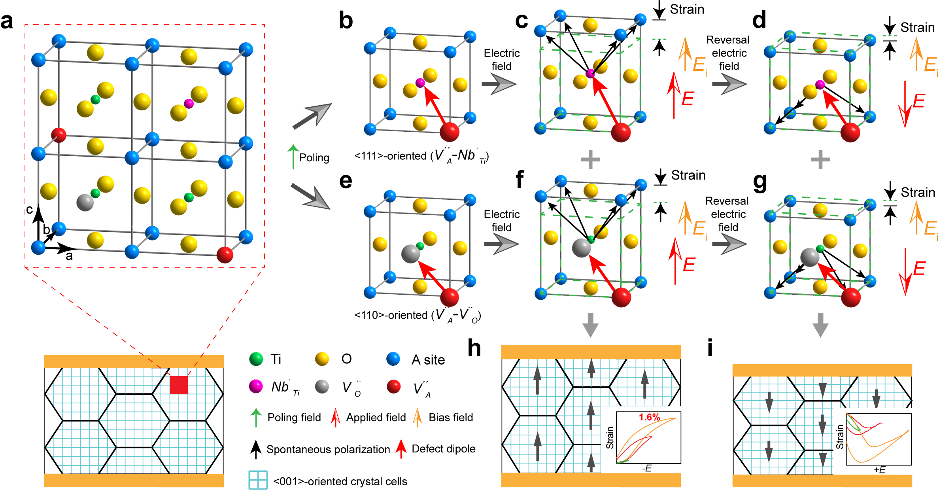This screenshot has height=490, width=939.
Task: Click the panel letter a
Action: (7, 21)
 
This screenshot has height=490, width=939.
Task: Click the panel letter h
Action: (474, 348)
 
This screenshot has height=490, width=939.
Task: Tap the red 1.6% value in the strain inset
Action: (649, 417)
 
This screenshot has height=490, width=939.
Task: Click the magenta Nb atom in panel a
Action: (189, 104)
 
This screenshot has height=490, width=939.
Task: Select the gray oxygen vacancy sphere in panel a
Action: (85, 202)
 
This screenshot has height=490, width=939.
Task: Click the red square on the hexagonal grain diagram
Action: (179, 385)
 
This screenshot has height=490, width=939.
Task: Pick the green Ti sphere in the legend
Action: (256, 359)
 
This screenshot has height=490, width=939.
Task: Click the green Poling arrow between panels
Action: (293, 157)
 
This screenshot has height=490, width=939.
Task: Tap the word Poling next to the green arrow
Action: (314, 158)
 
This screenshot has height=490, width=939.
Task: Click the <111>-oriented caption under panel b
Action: (421, 156)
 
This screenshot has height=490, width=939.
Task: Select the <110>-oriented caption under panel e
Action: (418, 315)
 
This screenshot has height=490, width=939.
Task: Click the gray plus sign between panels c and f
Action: (590, 160)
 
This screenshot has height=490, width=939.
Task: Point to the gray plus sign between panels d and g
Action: (820, 160)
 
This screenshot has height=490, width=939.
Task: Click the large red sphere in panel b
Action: (450, 132)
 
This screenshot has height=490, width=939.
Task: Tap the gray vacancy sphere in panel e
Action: (410, 254)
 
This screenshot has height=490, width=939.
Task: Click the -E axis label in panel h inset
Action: (647, 469)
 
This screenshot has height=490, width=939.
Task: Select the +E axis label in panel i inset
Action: (879, 470)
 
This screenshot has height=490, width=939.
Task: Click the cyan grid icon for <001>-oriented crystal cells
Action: (258, 480)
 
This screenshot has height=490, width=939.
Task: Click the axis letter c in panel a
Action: (29, 209)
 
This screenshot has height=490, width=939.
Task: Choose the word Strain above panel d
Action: (917, 28)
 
